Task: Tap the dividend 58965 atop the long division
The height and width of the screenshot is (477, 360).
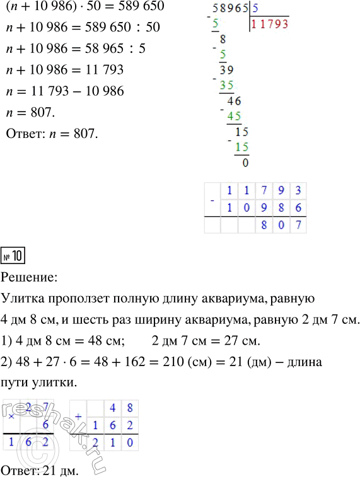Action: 231,10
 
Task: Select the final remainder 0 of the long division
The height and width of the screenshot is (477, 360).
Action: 245,162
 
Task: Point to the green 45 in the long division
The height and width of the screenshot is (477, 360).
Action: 235,116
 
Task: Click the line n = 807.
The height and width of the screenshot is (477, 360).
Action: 32,113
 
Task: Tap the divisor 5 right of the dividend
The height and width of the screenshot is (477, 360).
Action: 255,10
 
